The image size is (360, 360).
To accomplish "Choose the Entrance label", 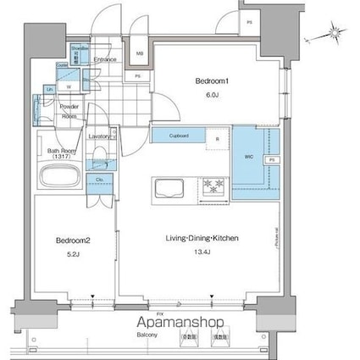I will (107, 60).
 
